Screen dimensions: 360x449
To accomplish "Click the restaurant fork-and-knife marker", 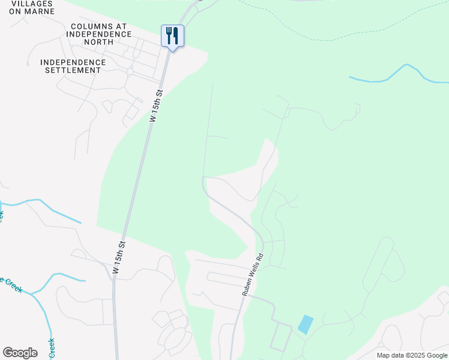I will (172, 37).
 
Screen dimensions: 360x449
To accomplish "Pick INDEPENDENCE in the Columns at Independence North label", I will (101, 34).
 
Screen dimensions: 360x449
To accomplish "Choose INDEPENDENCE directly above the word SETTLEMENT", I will (73, 62).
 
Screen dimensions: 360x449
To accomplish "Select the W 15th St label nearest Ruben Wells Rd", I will (119, 257).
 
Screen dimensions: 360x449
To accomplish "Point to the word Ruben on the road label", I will (247, 286).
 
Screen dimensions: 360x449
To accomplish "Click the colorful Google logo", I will (20, 353).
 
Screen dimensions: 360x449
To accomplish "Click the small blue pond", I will (305, 325).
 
